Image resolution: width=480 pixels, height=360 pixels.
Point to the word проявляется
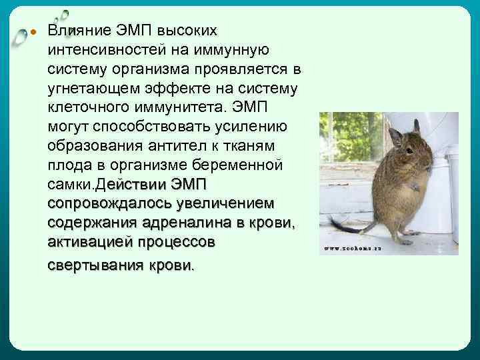(249, 69)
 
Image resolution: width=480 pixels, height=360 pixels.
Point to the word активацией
(89, 241)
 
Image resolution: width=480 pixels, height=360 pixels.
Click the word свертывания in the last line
(95, 265)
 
